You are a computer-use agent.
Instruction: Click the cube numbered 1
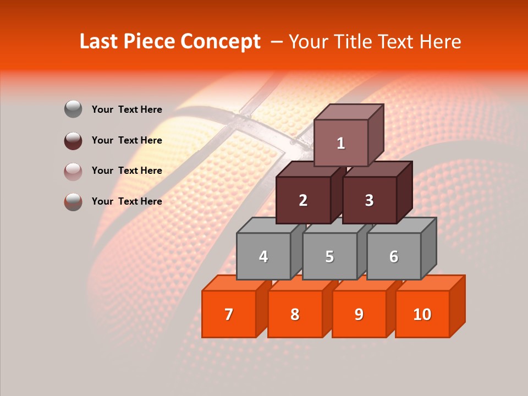click(x=341, y=143)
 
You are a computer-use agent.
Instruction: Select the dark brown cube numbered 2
click(x=303, y=200)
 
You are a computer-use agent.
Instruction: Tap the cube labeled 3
click(x=369, y=200)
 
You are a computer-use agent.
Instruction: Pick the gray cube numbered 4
click(x=263, y=256)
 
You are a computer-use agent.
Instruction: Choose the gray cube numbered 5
click(x=329, y=256)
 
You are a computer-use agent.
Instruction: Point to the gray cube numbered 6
click(x=393, y=256)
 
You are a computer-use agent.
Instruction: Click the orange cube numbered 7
click(x=229, y=314)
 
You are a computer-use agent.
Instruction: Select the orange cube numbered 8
click(x=295, y=314)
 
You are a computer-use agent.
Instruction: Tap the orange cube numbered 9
click(x=359, y=314)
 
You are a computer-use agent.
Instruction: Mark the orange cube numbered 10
click(x=422, y=314)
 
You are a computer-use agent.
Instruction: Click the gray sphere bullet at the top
click(x=73, y=109)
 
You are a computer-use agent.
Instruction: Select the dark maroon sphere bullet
click(x=73, y=140)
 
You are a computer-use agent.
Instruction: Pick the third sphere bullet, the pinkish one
click(x=73, y=171)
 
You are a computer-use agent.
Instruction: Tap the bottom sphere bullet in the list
click(x=73, y=201)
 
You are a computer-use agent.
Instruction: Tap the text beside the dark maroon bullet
click(x=127, y=140)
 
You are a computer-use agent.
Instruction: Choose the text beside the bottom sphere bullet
click(x=127, y=201)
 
